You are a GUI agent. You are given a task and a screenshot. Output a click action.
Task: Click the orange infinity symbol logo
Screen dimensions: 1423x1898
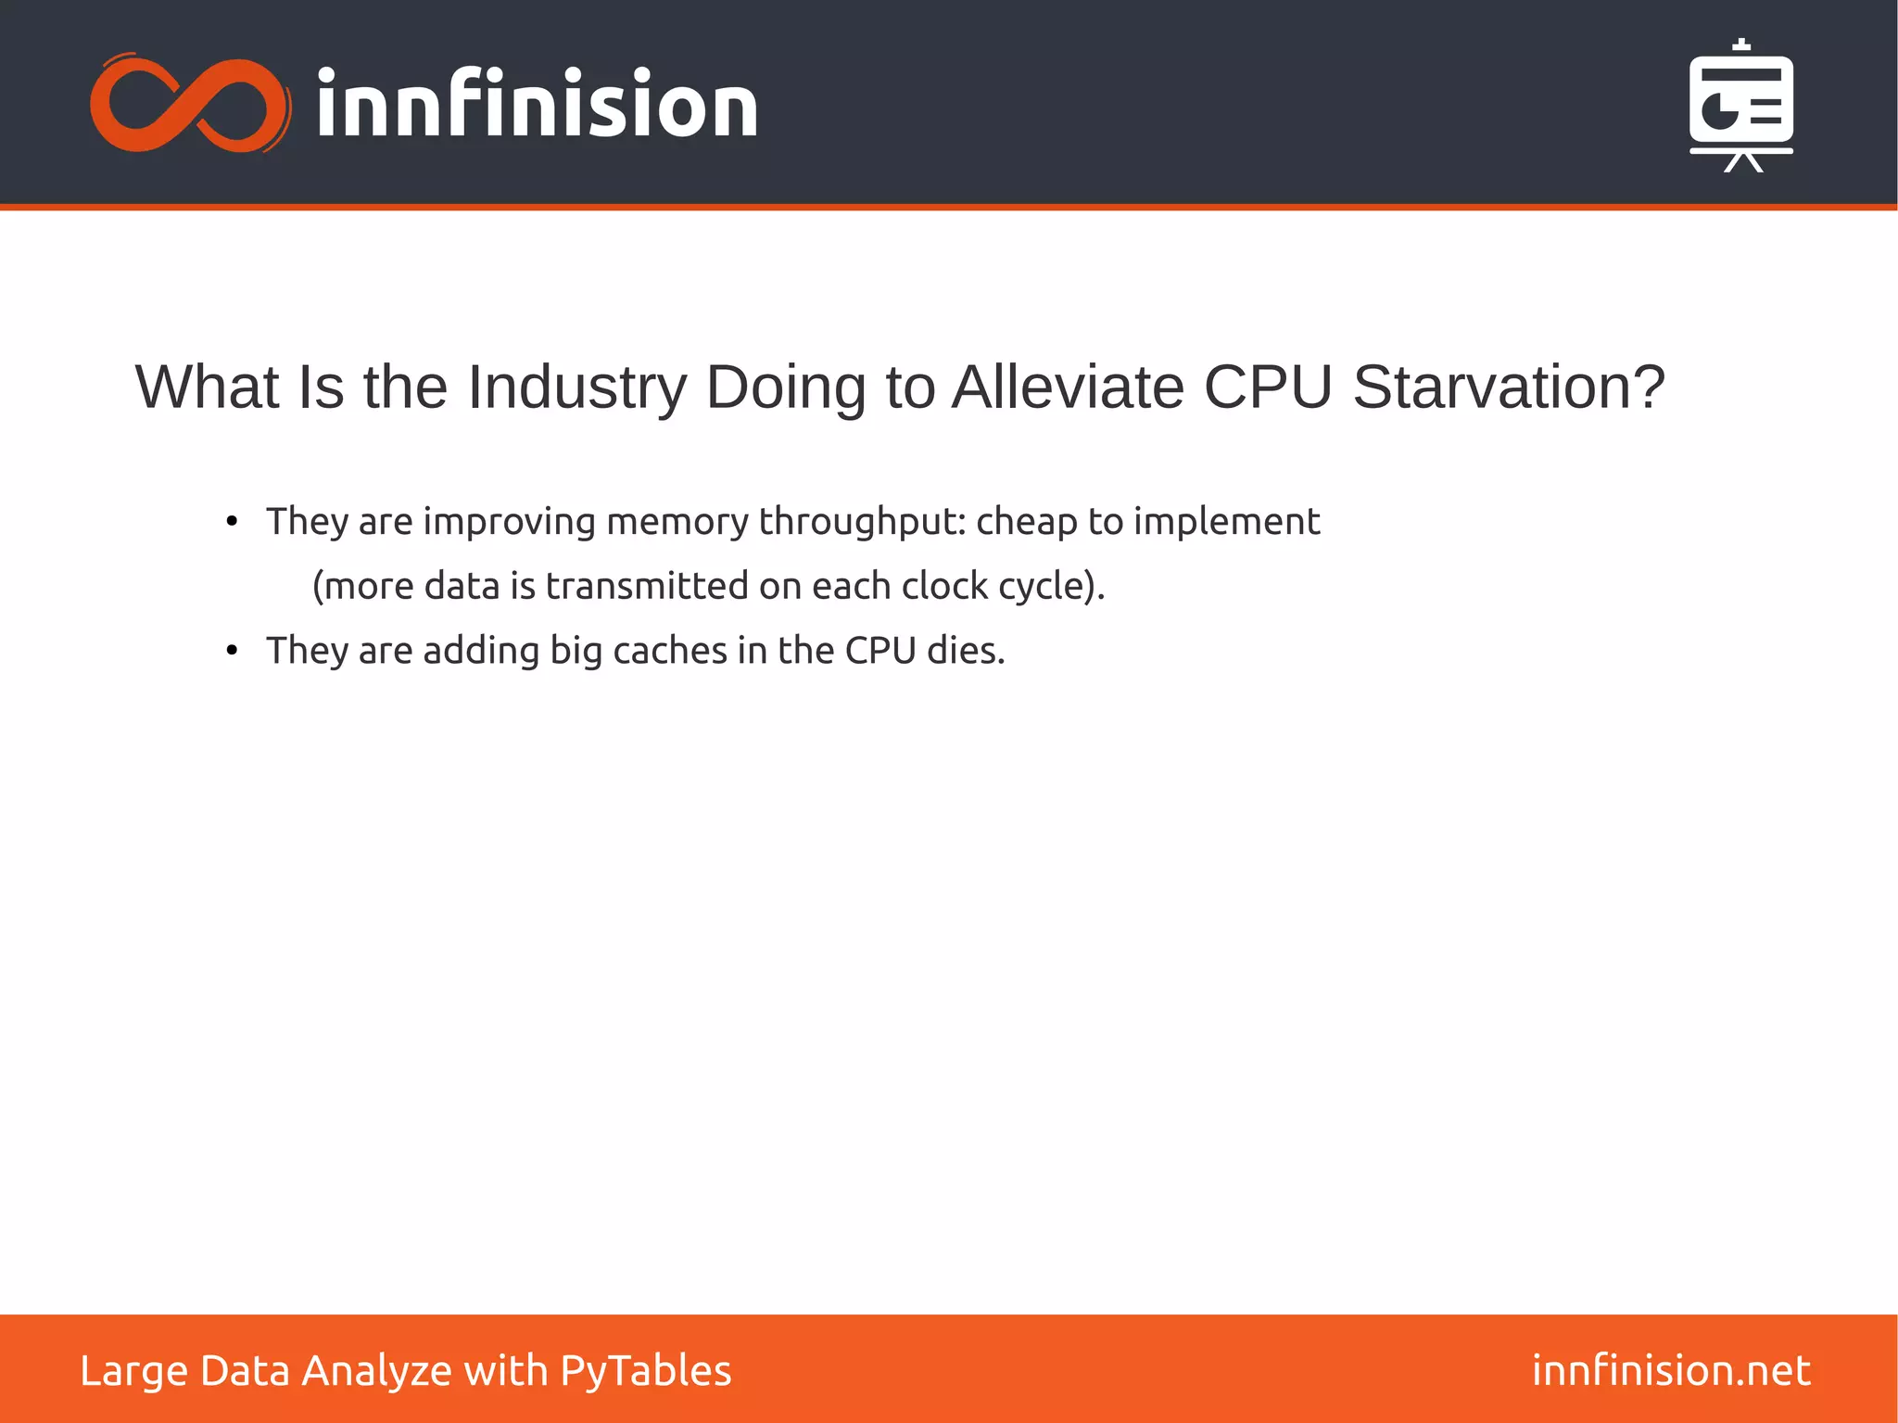pyautogui.click(x=191, y=104)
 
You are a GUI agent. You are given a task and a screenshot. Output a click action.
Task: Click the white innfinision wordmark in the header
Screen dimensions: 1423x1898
pyautogui.click(x=537, y=104)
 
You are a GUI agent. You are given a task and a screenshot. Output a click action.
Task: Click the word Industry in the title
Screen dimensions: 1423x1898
pyautogui.click(x=576, y=387)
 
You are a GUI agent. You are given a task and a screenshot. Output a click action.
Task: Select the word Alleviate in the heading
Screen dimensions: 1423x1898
pyautogui.click(x=1069, y=387)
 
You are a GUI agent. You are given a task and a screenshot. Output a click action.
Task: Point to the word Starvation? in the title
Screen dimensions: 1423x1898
pyautogui.click(x=1509, y=387)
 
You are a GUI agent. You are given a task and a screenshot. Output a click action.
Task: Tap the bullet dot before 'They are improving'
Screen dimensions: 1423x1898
pyautogui.click(x=232, y=522)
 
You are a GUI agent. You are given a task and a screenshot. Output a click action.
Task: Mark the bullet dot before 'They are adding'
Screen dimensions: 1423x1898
pyautogui.click(x=232, y=651)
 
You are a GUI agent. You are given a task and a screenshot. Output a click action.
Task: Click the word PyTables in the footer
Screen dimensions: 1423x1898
pyautogui.click(x=645, y=1371)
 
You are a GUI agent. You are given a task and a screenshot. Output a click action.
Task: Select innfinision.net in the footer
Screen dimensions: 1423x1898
pyautogui.click(x=1670, y=1370)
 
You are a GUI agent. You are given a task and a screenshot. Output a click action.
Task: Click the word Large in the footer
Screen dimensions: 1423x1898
pyautogui.click(x=133, y=1371)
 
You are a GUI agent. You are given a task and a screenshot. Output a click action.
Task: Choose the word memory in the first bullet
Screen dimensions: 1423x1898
pyautogui.click(x=677, y=522)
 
